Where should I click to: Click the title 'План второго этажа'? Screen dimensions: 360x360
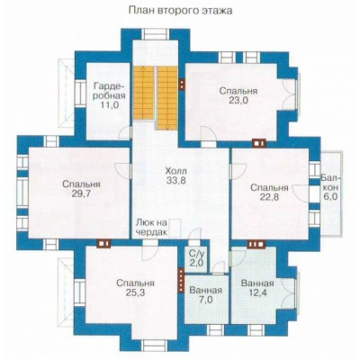(x=181, y=11)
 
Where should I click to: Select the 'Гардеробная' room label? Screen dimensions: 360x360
(x=108, y=91)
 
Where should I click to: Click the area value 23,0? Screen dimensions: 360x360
(x=238, y=101)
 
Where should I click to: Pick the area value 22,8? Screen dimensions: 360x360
(x=269, y=197)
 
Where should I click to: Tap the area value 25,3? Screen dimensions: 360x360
(x=135, y=292)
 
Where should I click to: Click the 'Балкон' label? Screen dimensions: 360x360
(x=330, y=183)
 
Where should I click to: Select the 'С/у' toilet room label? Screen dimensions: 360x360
(x=196, y=253)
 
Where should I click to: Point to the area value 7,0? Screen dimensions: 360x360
(x=205, y=300)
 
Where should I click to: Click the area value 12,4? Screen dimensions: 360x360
(x=257, y=292)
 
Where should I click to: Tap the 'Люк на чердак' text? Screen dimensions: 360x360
(x=151, y=228)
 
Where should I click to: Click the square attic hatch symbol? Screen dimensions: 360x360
(x=175, y=229)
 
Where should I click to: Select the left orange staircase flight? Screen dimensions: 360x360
(x=143, y=93)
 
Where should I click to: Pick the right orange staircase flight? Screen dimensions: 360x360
(x=167, y=98)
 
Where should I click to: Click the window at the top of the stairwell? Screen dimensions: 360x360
(x=156, y=34)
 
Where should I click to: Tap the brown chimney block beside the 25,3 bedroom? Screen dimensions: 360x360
(x=181, y=280)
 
